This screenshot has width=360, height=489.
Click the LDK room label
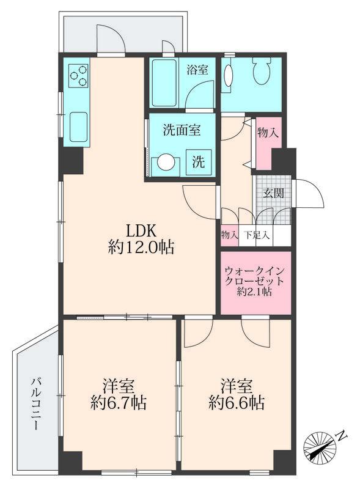[142, 230]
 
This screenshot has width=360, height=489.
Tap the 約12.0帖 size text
[142, 248]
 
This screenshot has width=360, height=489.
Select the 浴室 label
[197, 70]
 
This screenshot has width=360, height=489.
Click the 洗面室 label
[180, 130]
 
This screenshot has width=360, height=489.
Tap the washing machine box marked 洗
[199, 163]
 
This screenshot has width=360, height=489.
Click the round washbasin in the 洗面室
[166, 163]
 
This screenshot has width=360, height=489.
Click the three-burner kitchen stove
[78, 76]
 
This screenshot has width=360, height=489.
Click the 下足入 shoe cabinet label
[256, 235]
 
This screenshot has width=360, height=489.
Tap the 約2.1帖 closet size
[254, 292]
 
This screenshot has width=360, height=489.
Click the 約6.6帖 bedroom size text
[236, 403]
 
